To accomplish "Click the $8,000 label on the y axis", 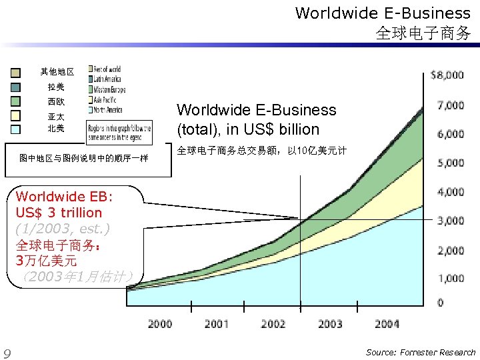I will point(447,75).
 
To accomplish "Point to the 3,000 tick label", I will point(450,221).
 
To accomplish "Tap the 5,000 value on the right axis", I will point(450,163).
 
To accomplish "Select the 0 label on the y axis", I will point(441,303).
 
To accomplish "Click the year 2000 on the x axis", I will point(160,324).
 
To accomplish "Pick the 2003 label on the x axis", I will point(330,324).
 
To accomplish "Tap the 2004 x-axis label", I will point(387,324).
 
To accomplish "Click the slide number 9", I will point(7,353).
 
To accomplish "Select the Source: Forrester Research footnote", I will point(421,352).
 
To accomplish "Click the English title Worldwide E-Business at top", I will point(383,13).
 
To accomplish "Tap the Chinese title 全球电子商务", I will point(423,32).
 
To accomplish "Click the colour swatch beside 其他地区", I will point(15,72).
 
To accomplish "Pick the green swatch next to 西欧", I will point(15,101).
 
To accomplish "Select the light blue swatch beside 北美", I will point(15,129).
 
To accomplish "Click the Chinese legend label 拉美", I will point(56,87).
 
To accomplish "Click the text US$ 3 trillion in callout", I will point(59,213).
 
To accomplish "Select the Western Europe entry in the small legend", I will point(109,89).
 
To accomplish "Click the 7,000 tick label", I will point(450,105).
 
